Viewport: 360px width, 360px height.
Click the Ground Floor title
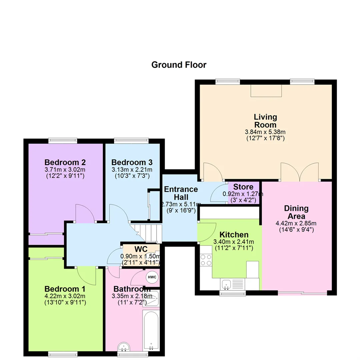pos(179,65)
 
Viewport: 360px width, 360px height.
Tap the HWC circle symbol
pos(152,277)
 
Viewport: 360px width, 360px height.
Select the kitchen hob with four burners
pos(206,260)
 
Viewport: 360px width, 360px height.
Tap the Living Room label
pos(265,121)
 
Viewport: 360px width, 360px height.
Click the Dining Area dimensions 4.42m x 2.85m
pos(296,223)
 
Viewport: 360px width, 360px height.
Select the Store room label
pos(243,187)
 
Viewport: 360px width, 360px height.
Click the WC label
pos(141,249)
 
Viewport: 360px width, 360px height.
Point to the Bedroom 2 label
pos(65,162)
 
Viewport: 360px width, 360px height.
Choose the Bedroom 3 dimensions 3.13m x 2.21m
pos(132,170)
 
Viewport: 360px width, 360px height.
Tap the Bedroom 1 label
pos(65,289)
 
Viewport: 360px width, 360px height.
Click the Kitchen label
pos(234,235)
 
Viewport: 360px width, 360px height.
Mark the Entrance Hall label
pos(181,193)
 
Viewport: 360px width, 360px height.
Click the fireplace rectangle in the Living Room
pos(266,91)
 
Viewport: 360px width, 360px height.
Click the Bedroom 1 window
pos(63,354)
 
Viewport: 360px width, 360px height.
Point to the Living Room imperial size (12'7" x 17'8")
pos(265,138)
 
